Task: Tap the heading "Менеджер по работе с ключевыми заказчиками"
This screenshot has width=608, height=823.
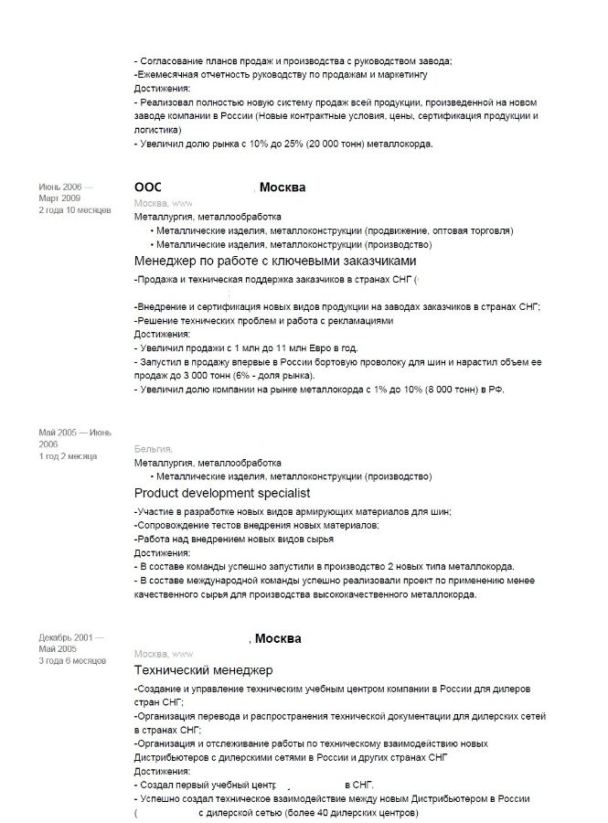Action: point(274,261)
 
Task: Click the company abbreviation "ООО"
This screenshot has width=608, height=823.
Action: point(147,187)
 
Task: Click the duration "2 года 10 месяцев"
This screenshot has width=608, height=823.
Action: point(74,209)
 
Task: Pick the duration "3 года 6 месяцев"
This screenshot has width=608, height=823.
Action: point(72,660)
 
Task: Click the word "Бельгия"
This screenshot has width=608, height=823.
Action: point(153,448)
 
